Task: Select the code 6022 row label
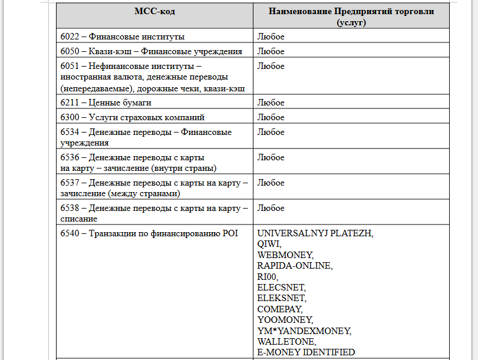point(122,37)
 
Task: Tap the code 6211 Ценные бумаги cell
point(106,103)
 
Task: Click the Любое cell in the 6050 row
point(271,51)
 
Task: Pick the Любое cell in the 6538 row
point(271,208)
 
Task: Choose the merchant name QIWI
point(269,243)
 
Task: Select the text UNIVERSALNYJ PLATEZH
point(315,233)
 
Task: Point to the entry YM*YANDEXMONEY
point(304,331)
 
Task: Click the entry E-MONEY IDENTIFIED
point(306,352)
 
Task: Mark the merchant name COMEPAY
point(280,309)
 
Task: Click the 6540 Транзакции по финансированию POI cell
point(149,233)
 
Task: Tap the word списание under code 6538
point(78,219)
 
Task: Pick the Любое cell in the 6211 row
point(271,103)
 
